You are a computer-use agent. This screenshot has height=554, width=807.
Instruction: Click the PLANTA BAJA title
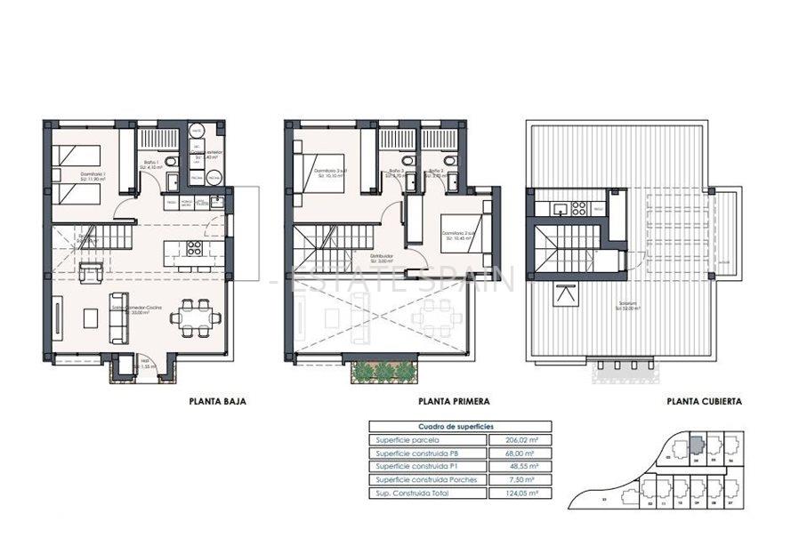pyautogui.click(x=218, y=401)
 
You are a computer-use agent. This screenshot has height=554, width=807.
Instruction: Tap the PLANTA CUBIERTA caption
pyautogui.click(x=704, y=401)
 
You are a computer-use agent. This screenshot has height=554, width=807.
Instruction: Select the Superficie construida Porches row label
pyautogui.click(x=426, y=479)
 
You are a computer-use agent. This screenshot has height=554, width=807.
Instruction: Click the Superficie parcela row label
pyautogui.click(x=407, y=440)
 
